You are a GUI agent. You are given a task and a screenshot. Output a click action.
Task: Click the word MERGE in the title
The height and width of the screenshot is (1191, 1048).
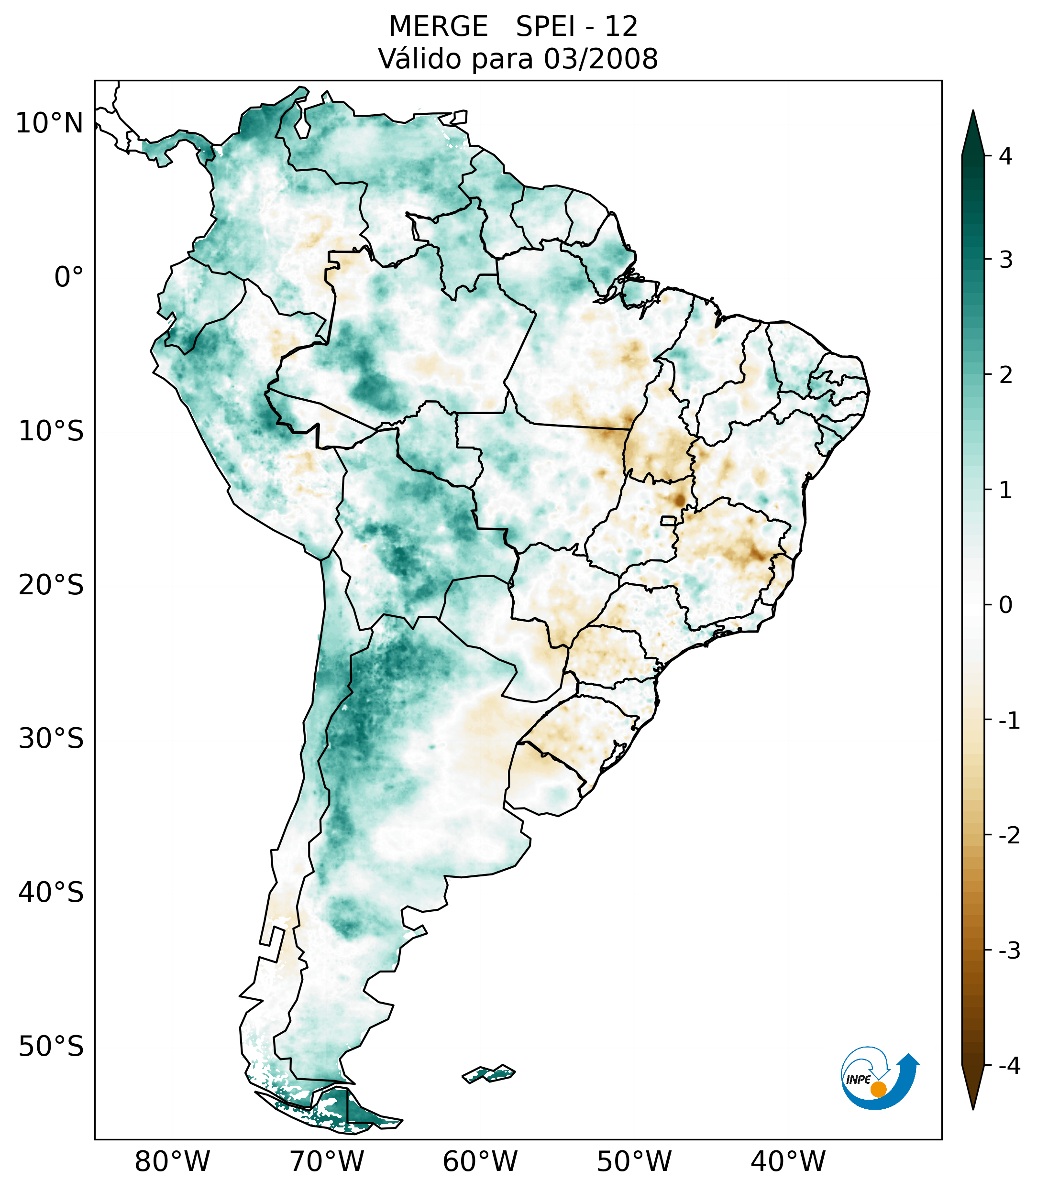click(438, 27)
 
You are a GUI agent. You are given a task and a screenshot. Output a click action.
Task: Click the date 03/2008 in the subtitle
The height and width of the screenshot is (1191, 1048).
click(601, 59)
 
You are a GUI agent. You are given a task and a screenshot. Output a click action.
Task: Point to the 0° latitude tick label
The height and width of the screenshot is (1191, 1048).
click(69, 277)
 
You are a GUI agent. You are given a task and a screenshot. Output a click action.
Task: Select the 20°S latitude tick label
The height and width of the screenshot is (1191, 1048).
click(51, 585)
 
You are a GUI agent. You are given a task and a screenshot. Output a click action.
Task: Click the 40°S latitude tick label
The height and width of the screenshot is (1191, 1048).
click(51, 893)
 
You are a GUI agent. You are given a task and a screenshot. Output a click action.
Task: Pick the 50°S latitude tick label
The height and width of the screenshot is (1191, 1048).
click(51, 1047)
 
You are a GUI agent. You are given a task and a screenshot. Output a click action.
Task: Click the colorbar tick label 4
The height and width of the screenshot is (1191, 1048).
click(1005, 156)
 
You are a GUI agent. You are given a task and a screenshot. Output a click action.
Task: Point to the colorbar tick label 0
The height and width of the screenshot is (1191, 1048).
click(1005, 605)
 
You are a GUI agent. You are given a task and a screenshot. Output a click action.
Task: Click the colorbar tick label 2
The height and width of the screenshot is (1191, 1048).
click(1005, 375)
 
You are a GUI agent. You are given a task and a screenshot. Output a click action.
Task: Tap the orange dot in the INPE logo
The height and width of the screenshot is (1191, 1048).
click(878, 1089)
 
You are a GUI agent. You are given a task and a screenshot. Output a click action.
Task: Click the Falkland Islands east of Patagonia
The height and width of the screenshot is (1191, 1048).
click(488, 1073)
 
